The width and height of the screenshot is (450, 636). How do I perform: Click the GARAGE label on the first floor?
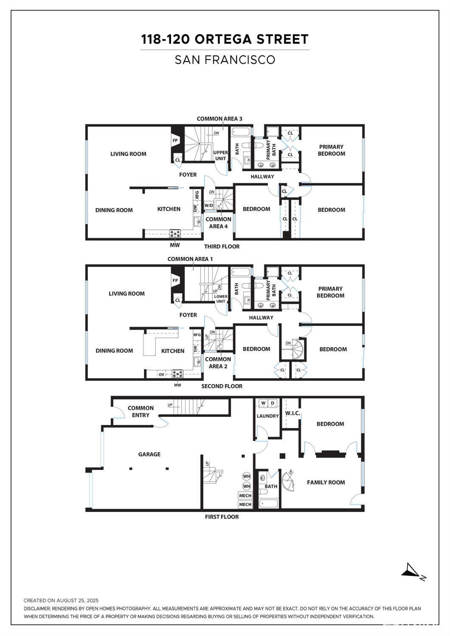[x=149, y=454]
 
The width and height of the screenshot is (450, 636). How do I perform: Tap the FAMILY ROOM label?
[x=326, y=482]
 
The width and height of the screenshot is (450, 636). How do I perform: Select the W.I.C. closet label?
[x=292, y=413]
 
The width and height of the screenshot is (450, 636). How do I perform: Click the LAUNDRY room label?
[x=267, y=416]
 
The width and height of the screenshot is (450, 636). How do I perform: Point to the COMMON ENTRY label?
[x=141, y=411]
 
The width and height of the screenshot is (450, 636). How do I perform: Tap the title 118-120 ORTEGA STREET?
[x=225, y=39]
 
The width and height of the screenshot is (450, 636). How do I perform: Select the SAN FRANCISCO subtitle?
[x=225, y=60]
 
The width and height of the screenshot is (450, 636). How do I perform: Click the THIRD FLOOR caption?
[x=222, y=246]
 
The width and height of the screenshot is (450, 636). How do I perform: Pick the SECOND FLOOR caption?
[x=222, y=386]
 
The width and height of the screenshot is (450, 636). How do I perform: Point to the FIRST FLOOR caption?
[x=222, y=517]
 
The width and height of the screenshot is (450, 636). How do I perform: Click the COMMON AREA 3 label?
[x=219, y=119]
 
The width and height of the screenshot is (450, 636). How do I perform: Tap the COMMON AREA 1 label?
[x=190, y=259]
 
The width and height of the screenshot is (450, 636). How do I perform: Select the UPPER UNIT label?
[x=220, y=155]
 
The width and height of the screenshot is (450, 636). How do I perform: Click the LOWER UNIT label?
[x=221, y=299]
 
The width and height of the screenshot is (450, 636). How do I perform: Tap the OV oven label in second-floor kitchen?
[x=161, y=374]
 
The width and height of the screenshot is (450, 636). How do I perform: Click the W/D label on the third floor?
[x=209, y=205]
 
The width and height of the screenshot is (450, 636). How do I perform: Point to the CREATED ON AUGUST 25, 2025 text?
[x=61, y=600]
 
